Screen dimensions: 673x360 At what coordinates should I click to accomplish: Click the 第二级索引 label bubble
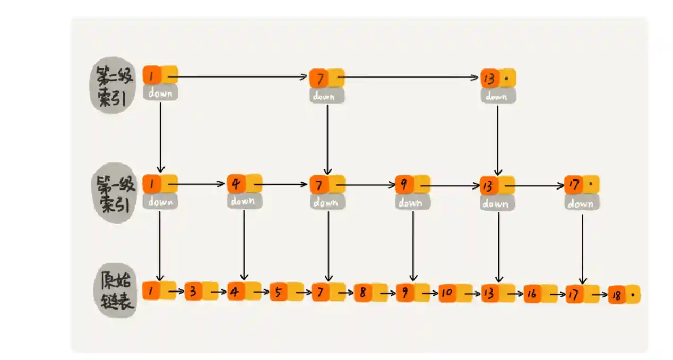(x=113, y=85)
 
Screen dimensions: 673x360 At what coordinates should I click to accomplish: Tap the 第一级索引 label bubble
(x=114, y=193)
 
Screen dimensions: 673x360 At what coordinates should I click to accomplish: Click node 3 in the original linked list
(x=201, y=291)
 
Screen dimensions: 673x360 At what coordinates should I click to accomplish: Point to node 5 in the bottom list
(x=287, y=292)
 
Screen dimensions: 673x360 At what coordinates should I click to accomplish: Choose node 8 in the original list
(x=371, y=292)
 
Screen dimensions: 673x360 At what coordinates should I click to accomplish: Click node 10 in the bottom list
(x=455, y=293)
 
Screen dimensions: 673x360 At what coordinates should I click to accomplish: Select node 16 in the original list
(x=540, y=293)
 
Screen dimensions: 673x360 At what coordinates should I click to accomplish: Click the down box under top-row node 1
(x=160, y=93)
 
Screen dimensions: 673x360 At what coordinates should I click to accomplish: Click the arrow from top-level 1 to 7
(x=237, y=76)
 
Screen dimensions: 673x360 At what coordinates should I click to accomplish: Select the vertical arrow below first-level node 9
(x=413, y=246)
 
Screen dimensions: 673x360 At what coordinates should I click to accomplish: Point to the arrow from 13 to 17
(x=535, y=186)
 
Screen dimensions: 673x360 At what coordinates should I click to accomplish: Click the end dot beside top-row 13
(x=506, y=79)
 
